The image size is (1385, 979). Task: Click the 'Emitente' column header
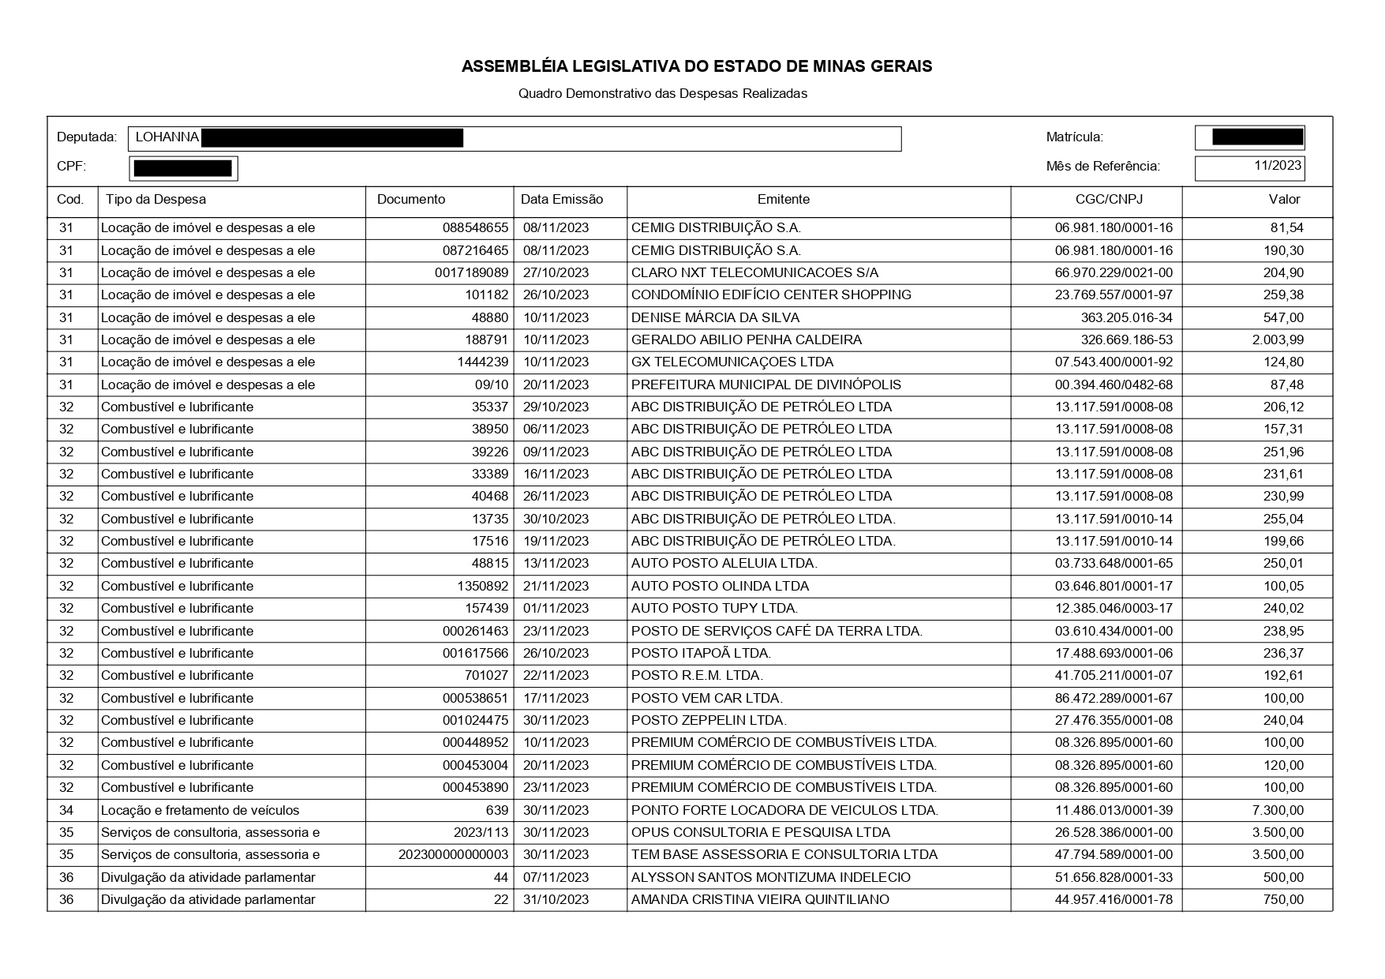783,200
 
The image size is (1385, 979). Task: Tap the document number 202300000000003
453,855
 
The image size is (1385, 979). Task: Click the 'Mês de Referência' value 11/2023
1277,167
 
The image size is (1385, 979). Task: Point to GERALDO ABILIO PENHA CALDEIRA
746,340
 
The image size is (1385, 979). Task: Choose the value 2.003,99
1278,340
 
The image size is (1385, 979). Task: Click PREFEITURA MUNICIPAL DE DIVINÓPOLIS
765,385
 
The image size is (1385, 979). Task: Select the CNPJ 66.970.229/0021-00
1114,273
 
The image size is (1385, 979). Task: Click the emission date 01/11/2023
554,609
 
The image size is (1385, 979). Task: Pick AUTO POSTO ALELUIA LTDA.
724,564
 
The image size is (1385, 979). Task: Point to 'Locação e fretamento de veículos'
200,811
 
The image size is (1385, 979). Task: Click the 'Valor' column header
1284,200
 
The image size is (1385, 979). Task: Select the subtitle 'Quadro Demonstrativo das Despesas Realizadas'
662,94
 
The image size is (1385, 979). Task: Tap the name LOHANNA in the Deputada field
167,137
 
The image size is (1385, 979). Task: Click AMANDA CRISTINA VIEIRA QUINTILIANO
759,900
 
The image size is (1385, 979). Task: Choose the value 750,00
1283,900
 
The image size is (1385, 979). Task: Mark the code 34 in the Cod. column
66,811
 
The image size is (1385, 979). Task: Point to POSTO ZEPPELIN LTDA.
709,721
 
